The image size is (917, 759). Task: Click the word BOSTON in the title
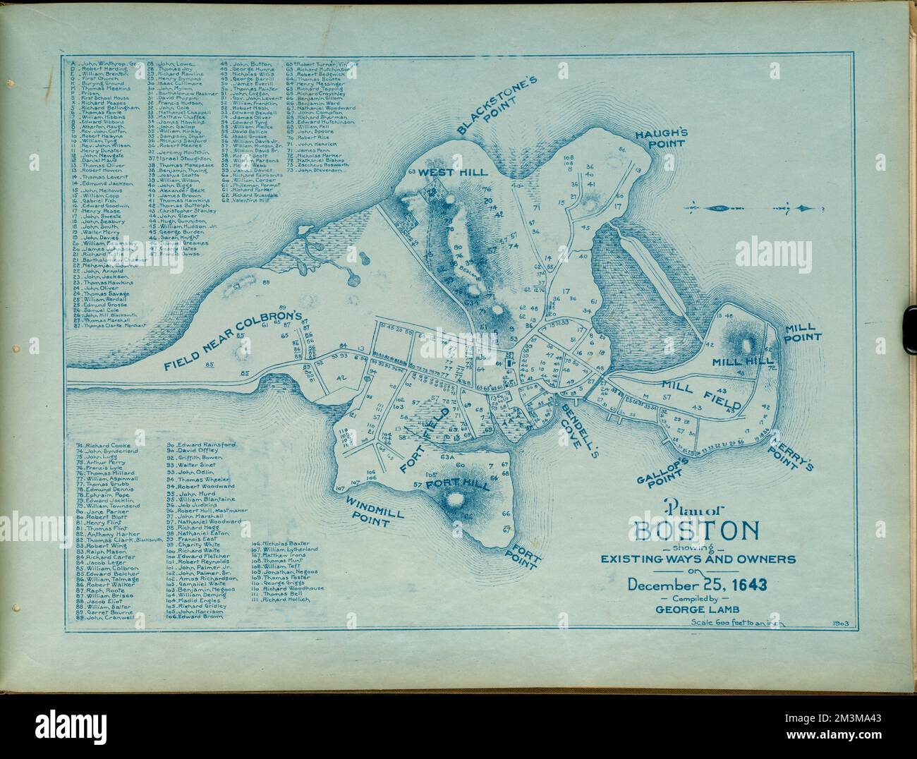(697, 530)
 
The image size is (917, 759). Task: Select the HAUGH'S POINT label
(660, 138)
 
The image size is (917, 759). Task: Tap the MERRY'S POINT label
(791, 451)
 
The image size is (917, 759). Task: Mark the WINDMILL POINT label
(366, 511)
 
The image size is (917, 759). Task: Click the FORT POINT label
(526, 553)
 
